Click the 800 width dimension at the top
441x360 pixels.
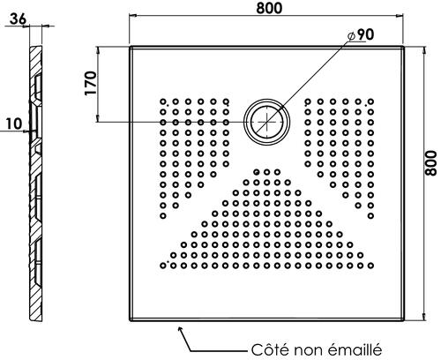[269, 8]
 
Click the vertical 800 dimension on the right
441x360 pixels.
[431, 163]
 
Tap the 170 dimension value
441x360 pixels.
[91, 83]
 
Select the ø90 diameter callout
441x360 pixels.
[361, 34]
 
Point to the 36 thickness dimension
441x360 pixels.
[18, 19]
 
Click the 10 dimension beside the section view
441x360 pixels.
[14, 124]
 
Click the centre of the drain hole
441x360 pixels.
[267, 122]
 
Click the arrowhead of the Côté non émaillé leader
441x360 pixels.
[180, 328]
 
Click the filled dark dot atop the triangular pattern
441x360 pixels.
[257, 172]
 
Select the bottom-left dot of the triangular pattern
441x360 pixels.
[163, 266]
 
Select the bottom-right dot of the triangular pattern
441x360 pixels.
[370, 266]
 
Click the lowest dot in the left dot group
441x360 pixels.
[163, 215]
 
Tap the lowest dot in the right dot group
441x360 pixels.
[370, 215]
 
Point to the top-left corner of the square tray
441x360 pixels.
[130, 47]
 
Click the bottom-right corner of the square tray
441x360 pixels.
[404, 320]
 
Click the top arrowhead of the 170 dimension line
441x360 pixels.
[98, 49]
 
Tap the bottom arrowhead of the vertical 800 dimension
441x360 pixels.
[424, 317]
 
